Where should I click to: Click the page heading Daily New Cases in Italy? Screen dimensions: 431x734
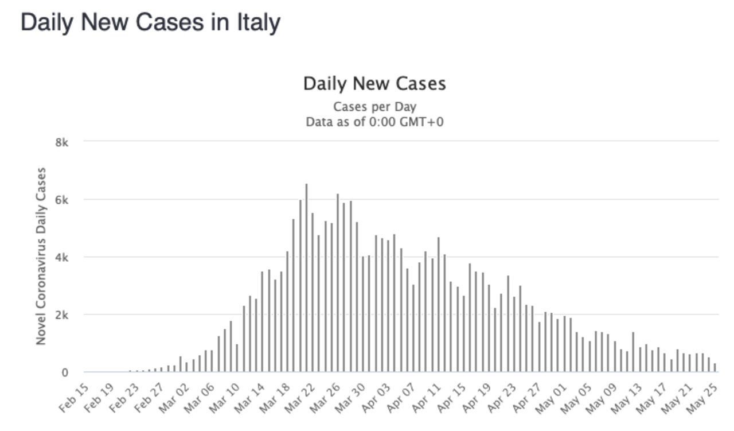[x=150, y=22]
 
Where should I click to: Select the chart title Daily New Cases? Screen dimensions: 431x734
[x=374, y=84]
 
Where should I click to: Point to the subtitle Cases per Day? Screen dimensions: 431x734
[x=374, y=107]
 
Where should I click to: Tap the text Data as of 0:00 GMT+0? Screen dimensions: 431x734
[x=374, y=122]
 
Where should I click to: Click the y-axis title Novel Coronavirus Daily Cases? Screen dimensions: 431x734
[x=41, y=256]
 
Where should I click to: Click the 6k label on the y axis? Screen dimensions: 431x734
[x=61, y=200]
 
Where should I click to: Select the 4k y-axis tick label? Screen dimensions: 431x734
[x=61, y=257]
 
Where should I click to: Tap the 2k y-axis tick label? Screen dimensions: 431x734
[x=61, y=314]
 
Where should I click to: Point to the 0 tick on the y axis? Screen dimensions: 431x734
[x=65, y=372]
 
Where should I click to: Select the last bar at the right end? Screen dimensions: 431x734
[x=715, y=367]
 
